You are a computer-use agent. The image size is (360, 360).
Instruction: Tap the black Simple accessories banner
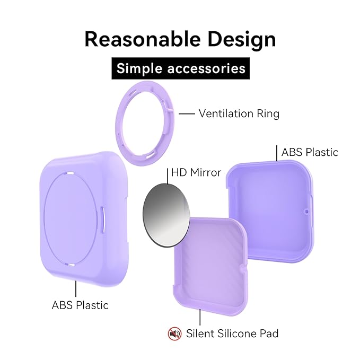(180, 68)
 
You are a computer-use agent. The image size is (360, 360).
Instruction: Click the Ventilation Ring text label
(239, 113)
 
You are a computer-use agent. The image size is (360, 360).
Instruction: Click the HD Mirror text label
(196, 173)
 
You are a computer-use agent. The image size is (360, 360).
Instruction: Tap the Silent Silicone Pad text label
(232, 333)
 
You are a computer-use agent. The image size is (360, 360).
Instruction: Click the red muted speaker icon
(174, 333)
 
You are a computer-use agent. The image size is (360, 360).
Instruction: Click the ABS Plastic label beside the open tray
(310, 152)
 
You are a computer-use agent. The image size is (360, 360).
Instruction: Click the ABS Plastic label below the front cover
(80, 305)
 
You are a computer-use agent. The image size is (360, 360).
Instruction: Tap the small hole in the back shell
(306, 210)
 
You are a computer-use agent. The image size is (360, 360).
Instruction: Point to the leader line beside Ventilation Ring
(187, 113)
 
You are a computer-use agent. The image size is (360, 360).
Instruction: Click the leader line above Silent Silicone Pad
(200, 317)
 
